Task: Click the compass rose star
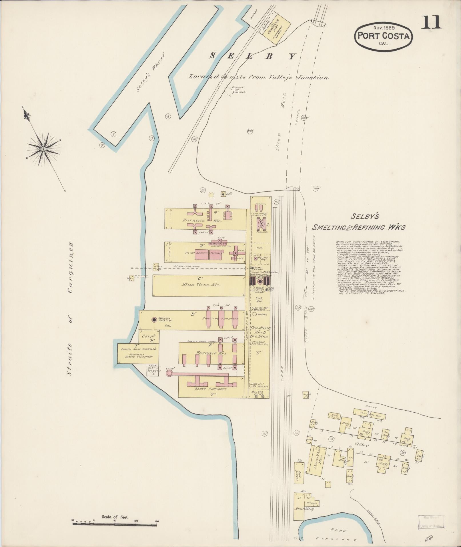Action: pos(43,149)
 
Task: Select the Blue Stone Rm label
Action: pos(199,285)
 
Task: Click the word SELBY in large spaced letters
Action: pos(253,56)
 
